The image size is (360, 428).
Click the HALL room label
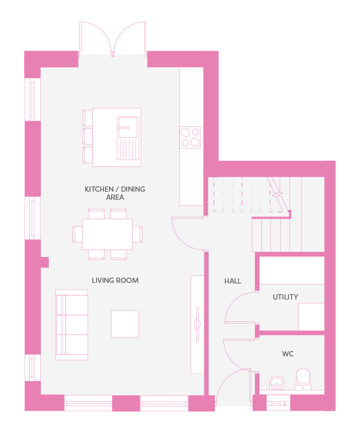[233, 281]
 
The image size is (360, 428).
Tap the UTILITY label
[285, 297]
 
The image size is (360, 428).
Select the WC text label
[288, 354]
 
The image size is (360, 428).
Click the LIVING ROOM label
[115, 281]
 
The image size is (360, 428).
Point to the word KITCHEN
[99, 189]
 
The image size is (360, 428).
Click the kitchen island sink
[128, 138]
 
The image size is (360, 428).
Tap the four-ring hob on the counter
[190, 137]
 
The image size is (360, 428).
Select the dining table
[107, 234]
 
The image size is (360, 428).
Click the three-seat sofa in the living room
[72, 325]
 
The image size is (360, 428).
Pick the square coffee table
[125, 324]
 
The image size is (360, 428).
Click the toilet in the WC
[303, 379]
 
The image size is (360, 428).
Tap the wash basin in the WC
[277, 383]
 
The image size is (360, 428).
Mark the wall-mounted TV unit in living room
[197, 324]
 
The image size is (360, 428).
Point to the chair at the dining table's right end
[137, 234]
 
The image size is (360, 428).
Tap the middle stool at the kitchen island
[87, 136]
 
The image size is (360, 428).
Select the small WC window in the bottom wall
[278, 403]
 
